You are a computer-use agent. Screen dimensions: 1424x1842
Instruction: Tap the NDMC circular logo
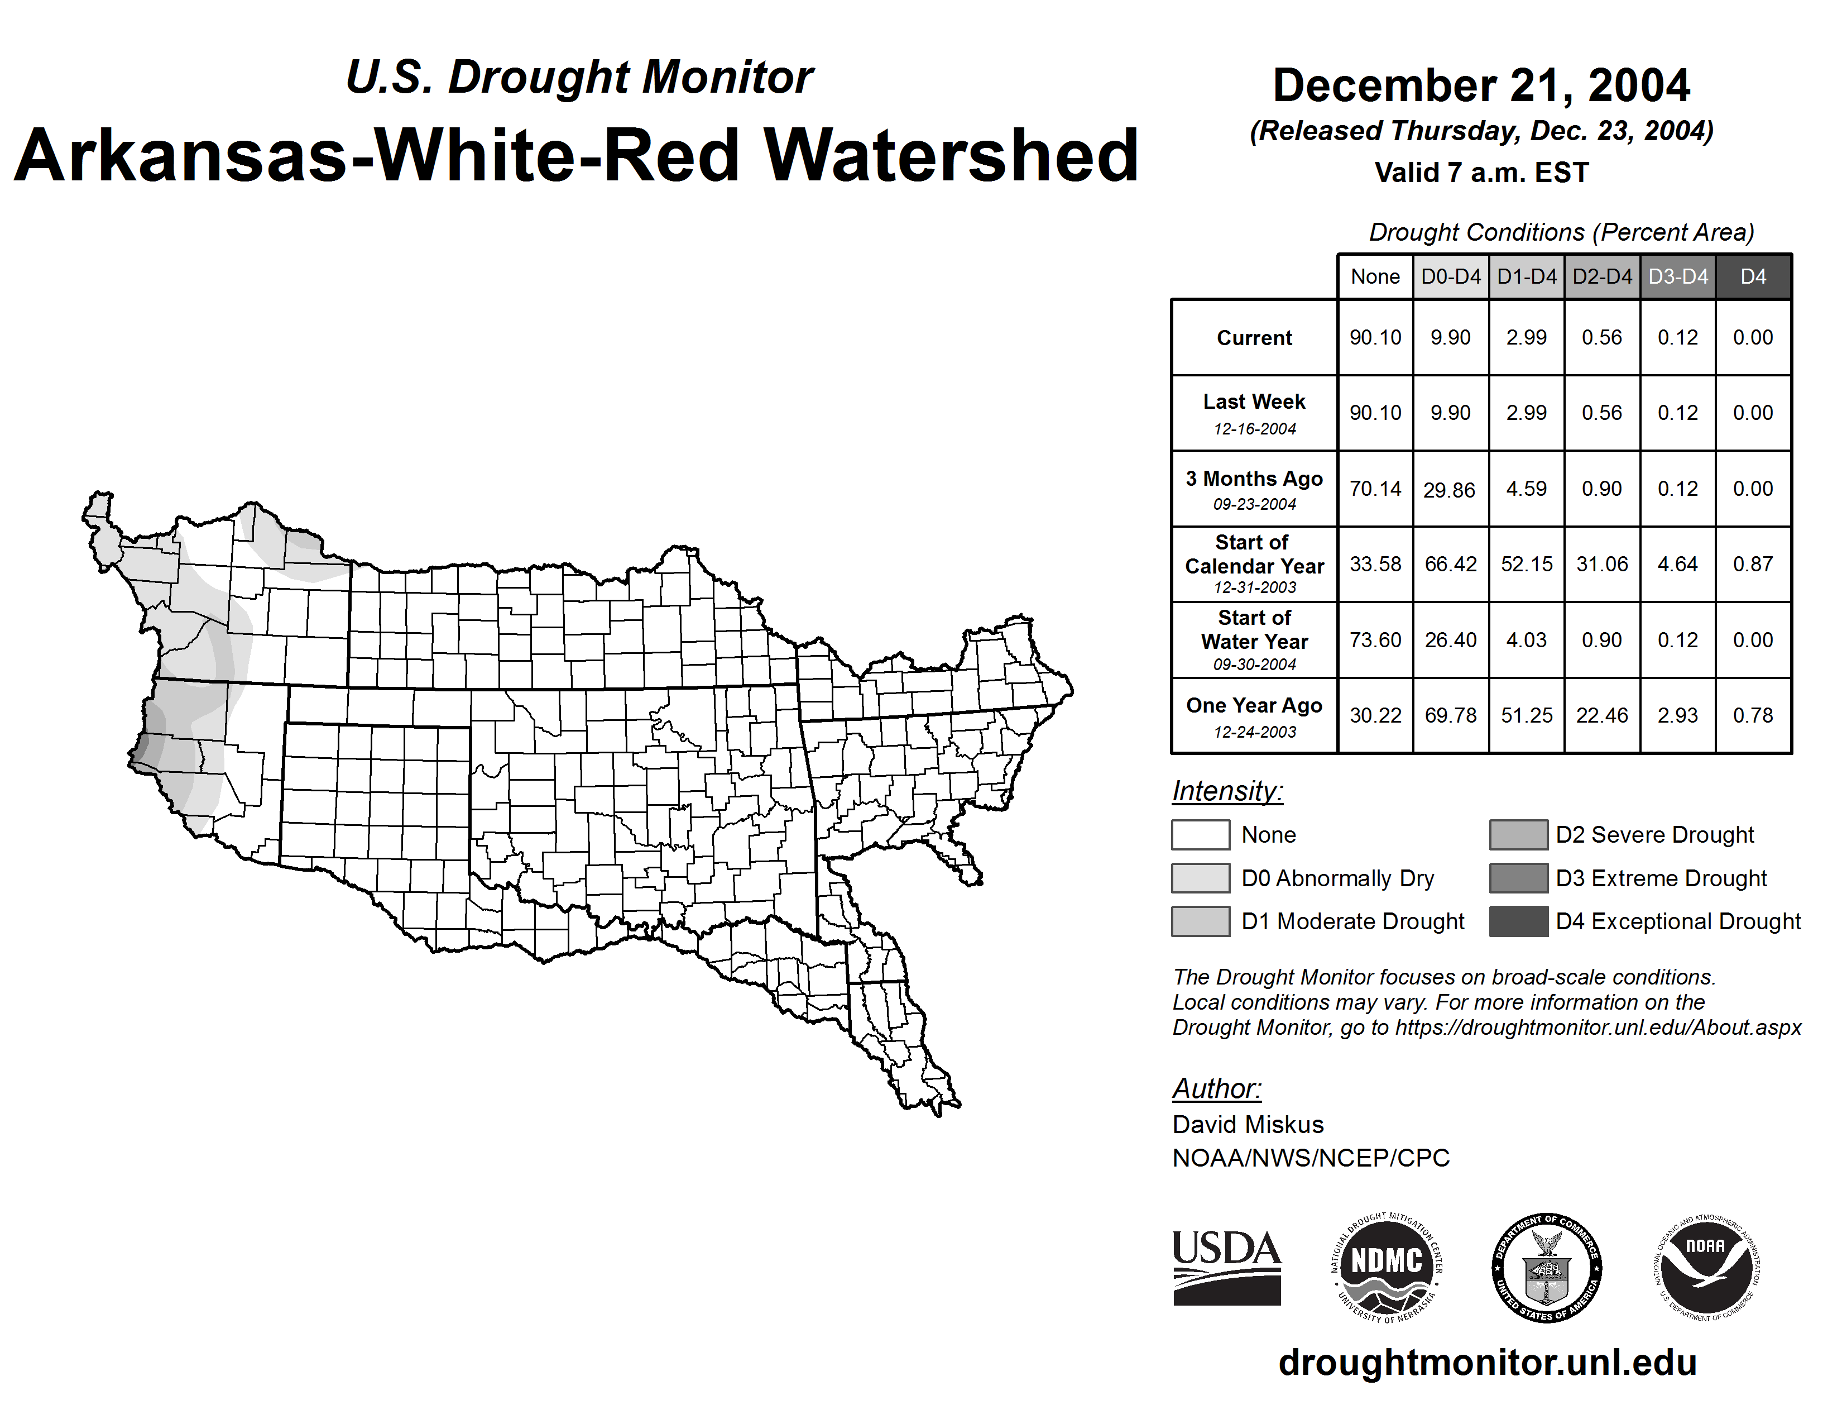coord(1386,1269)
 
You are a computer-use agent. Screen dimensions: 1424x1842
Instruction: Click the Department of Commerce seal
coord(1546,1269)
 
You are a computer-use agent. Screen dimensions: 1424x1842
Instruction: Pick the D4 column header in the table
coord(1753,276)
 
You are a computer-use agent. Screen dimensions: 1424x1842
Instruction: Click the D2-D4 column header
coord(1601,276)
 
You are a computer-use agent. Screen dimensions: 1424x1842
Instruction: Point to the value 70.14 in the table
coord(1375,489)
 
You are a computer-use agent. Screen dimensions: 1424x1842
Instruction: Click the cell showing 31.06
coord(1601,563)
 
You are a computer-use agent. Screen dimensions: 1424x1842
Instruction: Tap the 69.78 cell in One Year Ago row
coord(1451,715)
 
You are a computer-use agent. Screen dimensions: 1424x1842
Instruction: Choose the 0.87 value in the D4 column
coord(1753,563)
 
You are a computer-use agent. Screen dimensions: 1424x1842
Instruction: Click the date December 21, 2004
coord(1481,85)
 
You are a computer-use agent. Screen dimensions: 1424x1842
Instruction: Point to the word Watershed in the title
coord(951,155)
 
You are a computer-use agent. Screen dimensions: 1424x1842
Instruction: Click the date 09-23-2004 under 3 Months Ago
coord(1254,504)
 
